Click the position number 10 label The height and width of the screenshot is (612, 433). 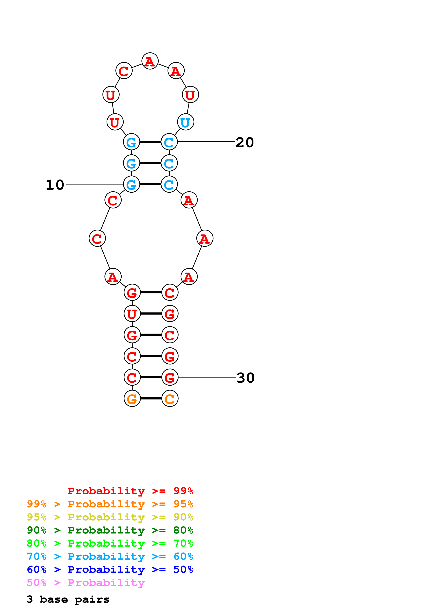coord(55,185)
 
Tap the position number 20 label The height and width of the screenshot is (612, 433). coord(244,142)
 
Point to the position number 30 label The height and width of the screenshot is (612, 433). coord(245,378)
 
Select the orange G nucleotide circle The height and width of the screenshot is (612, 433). coord(132,398)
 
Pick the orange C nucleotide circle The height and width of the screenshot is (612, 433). coord(170,398)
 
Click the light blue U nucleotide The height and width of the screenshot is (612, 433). coord(185,122)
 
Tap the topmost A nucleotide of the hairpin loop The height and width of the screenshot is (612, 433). coord(150,61)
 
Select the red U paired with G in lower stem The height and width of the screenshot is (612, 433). coord(132,314)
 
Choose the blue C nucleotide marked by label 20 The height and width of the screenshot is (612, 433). coord(169,142)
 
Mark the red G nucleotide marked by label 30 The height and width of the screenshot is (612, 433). coord(170,377)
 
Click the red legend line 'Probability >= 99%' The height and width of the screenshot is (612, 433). coord(130,491)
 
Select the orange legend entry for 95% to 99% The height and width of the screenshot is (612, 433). coord(110,504)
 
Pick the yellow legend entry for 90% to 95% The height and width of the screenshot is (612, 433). coord(110,517)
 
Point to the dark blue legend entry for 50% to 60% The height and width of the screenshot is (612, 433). coord(110,569)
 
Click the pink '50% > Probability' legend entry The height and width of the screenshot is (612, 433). coord(86,582)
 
